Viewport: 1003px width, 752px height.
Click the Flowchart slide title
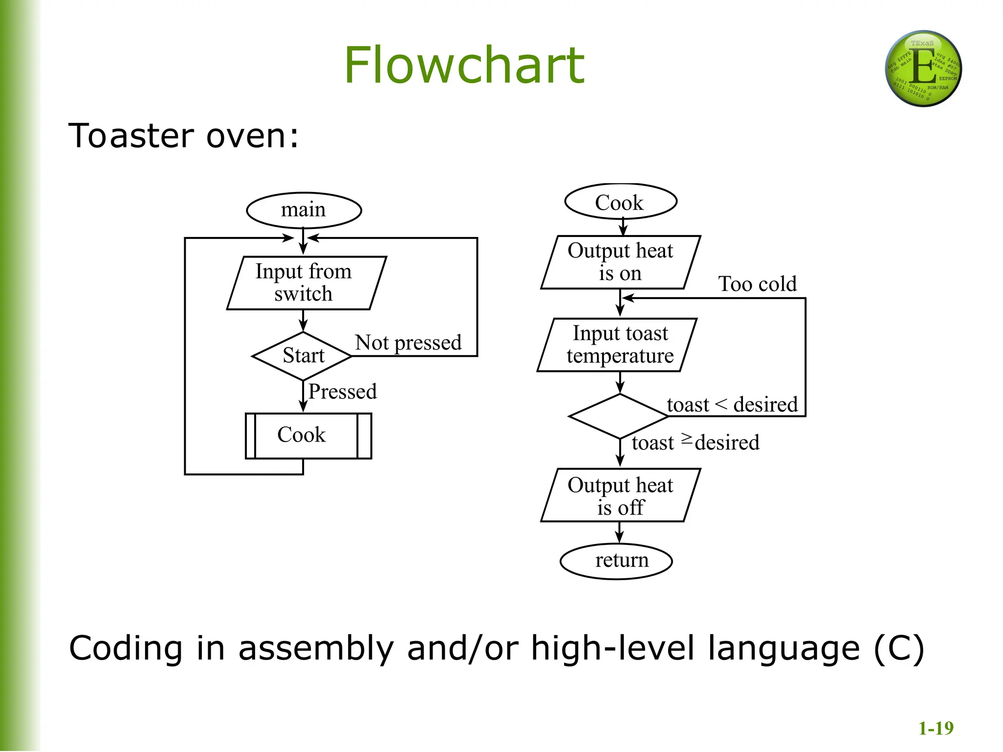[464, 65]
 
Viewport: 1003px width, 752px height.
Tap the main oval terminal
[304, 210]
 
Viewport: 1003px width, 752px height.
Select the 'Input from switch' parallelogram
[306, 283]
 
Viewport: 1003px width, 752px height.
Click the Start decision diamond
[303, 356]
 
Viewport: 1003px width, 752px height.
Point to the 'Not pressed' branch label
[408, 342]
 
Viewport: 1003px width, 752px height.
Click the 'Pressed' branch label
[342, 392]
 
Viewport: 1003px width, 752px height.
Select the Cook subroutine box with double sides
[308, 435]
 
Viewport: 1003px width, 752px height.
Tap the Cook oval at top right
[620, 202]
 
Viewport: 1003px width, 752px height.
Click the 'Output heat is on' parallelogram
[620, 262]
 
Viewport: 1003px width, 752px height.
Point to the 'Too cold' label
[757, 284]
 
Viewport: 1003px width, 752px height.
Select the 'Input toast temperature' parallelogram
[617, 345]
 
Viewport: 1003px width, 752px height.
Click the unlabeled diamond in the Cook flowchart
[619, 416]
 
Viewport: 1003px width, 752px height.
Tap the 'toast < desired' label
[732, 405]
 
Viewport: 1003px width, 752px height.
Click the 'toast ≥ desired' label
[695, 443]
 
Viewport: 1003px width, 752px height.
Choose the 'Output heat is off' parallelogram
[620, 495]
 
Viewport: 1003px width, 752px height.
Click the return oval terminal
[616, 561]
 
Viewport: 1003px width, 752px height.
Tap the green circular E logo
[923, 69]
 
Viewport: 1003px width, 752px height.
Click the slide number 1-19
[935, 728]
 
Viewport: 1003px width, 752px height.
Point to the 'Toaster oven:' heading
[183, 136]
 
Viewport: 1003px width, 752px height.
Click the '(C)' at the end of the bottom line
[899, 649]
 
